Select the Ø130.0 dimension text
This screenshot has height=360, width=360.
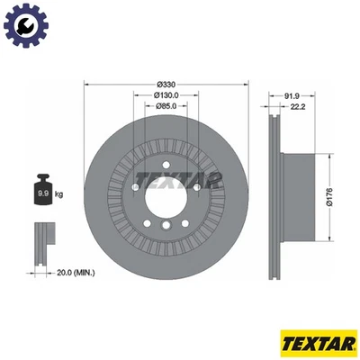pyautogui.click(x=166, y=95)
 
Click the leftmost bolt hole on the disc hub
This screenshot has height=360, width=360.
pyautogui.click(x=136, y=186)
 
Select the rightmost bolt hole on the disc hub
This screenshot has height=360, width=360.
pyautogui.click(x=196, y=186)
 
